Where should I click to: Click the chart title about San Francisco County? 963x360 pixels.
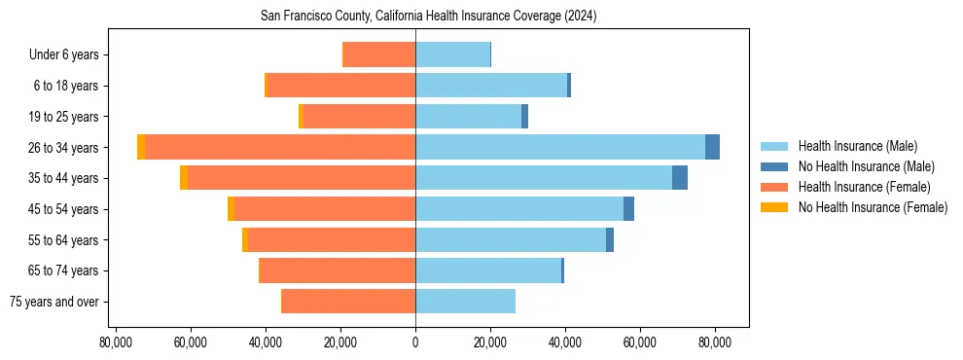click(428, 16)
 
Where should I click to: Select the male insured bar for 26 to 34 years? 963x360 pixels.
click(560, 147)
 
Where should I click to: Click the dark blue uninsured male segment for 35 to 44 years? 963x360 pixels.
click(680, 178)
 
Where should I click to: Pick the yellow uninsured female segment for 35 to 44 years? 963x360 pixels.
click(184, 178)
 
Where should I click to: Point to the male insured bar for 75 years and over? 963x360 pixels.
click(465, 302)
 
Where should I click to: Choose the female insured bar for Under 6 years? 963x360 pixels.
click(379, 54)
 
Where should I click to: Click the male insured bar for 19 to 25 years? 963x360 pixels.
click(468, 117)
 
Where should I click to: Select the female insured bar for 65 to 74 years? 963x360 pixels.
click(338, 270)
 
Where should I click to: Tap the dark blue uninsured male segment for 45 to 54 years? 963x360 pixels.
click(629, 209)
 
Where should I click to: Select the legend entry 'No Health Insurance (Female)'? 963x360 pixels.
click(873, 207)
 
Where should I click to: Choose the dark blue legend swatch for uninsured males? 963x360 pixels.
click(774, 166)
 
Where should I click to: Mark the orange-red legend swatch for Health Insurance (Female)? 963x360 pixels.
click(774, 187)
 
